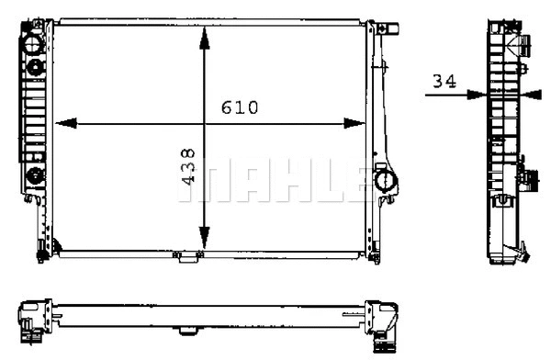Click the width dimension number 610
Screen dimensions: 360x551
tap(239, 107)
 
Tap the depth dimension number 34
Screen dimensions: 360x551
tap(444, 82)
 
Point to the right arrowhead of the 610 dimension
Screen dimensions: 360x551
tap(358, 122)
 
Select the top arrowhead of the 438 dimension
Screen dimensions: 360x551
tap(204, 30)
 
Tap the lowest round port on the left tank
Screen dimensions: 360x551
tap(35, 175)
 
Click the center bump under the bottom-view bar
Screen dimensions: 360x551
tap(186, 329)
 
